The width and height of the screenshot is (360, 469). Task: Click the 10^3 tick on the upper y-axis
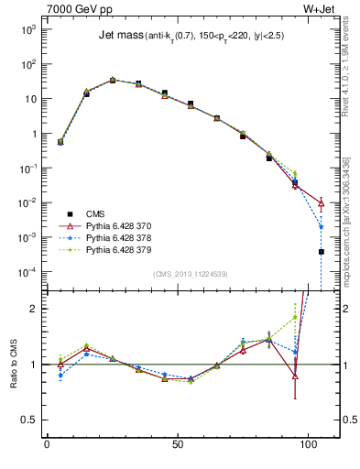click(x=28, y=29)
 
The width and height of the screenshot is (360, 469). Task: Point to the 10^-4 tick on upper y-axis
click(x=28, y=272)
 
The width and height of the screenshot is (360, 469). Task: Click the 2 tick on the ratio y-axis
click(x=33, y=309)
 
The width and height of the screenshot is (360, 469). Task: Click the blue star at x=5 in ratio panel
click(x=60, y=375)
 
